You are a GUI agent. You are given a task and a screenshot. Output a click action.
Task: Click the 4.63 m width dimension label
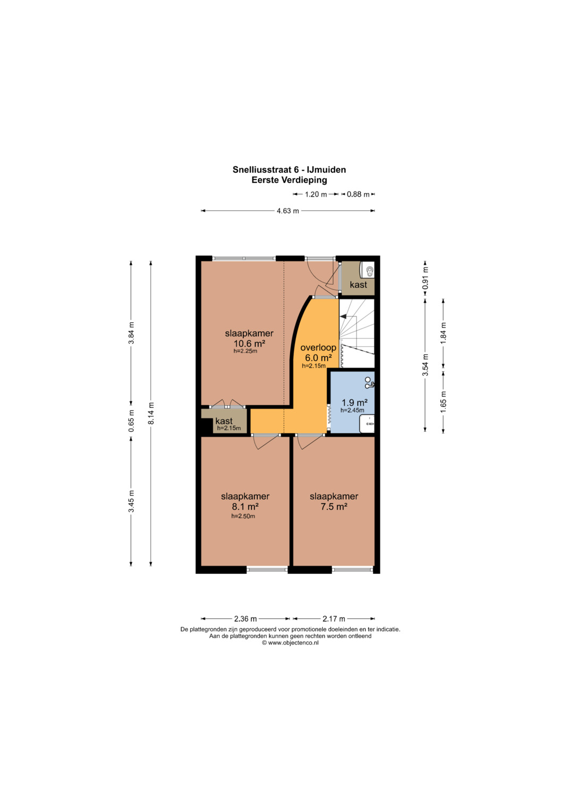pos(288,211)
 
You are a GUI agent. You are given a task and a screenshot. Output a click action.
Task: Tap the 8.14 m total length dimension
pos(151,413)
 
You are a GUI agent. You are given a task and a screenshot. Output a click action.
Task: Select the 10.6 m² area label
pos(249,343)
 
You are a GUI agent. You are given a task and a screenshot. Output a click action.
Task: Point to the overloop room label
pos(318,347)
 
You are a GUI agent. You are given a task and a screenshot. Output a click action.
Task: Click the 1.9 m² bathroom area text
pos(354,403)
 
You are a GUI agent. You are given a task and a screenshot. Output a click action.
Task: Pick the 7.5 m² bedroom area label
pos(334,506)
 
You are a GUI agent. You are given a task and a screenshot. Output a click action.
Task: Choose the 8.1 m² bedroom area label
pos(246,506)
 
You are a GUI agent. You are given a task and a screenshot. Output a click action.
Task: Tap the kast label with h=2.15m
pos(224,421)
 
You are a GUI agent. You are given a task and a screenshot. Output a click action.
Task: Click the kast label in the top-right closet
pos(358,284)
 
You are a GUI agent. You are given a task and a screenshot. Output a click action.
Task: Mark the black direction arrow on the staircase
pos(343,316)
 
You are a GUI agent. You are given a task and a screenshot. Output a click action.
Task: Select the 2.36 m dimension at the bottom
pos(246,619)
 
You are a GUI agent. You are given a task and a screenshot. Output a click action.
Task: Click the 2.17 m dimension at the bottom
pos(334,619)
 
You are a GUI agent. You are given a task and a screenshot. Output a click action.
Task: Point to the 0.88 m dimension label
pos(358,194)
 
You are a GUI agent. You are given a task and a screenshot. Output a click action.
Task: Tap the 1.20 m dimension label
pos(316,194)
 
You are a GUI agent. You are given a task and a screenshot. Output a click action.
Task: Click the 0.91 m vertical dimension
pos(426,278)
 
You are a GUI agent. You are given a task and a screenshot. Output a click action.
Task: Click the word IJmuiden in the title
pos(326,170)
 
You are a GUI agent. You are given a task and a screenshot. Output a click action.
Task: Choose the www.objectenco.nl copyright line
pos(290,643)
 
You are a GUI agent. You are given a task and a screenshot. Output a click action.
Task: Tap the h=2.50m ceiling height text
pos(243,516)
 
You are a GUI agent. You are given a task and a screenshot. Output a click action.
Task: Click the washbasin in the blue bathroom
pos(367,424)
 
